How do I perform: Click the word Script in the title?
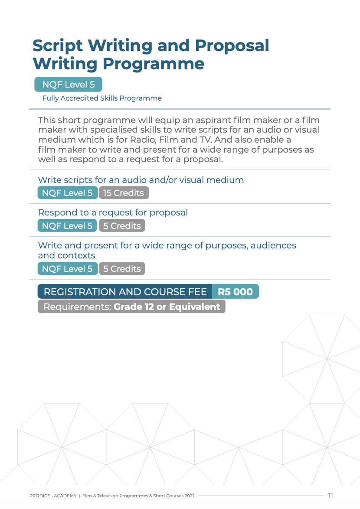(x=58, y=46)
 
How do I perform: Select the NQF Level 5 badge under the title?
(x=68, y=85)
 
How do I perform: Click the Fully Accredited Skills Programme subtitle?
(x=102, y=98)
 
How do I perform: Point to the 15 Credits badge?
(x=124, y=193)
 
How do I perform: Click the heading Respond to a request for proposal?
(x=113, y=213)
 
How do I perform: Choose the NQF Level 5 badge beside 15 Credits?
(x=67, y=193)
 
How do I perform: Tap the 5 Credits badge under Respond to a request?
(x=122, y=226)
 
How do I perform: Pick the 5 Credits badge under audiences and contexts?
(x=122, y=269)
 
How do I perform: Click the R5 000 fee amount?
(x=235, y=292)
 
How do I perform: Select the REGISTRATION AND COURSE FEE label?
(x=125, y=292)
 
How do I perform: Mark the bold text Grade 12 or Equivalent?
(x=167, y=307)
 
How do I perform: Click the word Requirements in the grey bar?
(x=77, y=307)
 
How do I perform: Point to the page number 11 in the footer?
(x=331, y=496)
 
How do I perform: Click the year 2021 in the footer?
(x=189, y=496)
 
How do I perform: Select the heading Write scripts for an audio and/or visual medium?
(x=141, y=180)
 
